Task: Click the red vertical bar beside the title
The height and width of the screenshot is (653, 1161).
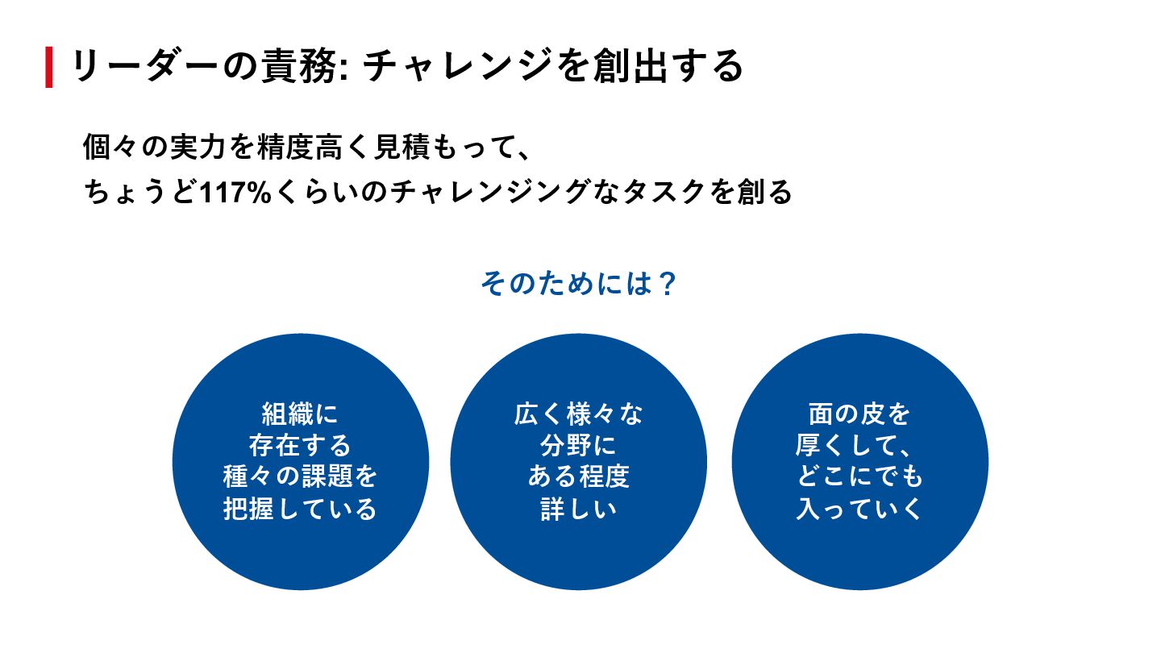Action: pos(49,67)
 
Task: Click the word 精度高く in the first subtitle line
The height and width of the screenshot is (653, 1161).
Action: pos(318,148)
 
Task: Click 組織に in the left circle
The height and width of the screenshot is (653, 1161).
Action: pos(300,414)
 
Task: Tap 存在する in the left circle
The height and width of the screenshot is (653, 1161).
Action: pos(300,446)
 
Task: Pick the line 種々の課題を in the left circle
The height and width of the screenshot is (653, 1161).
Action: pos(300,477)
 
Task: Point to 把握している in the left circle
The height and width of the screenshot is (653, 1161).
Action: pos(300,510)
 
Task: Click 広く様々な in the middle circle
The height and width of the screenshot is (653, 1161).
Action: pos(578,414)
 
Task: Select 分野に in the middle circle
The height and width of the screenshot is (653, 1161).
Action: pos(578,446)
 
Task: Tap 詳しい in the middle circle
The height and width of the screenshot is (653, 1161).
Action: pos(578,510)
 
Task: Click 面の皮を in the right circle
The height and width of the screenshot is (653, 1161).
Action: pos(859,414)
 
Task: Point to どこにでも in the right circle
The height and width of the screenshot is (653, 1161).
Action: pos(859,477)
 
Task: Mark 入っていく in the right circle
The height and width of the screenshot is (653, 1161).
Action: pos(859,510)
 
